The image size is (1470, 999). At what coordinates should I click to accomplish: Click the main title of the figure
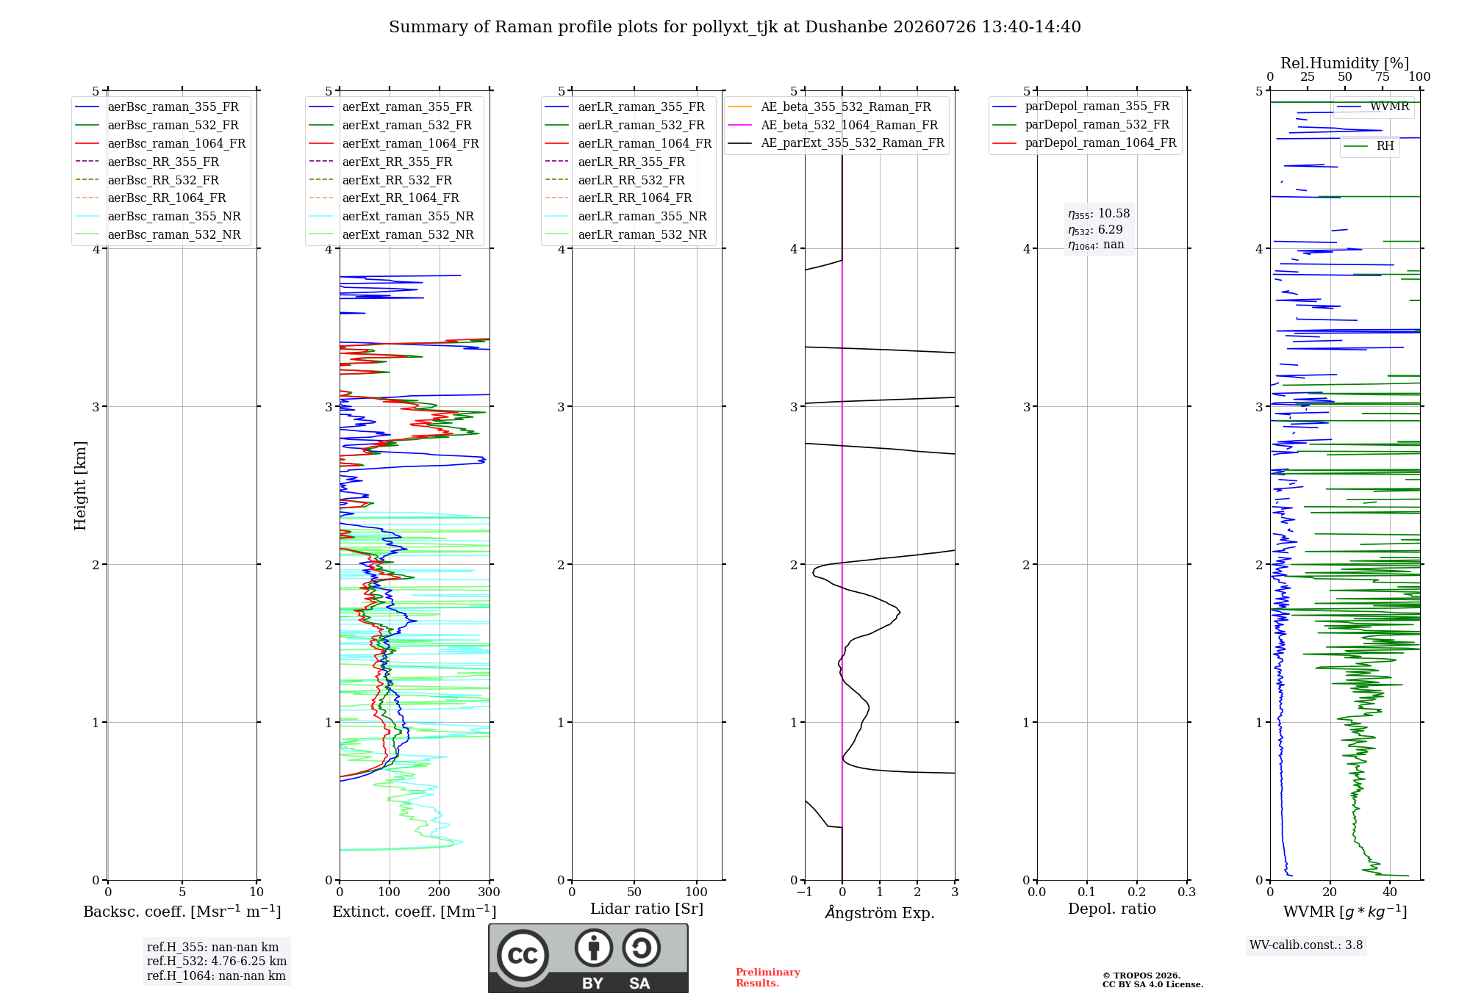point(735,27)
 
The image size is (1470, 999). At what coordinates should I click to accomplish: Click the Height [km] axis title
point(80,486)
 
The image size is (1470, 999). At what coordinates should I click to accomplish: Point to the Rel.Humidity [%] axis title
point(1344,63)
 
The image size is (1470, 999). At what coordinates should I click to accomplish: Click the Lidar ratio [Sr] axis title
point(647,909)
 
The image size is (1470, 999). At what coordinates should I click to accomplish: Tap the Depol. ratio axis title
point(1111,909)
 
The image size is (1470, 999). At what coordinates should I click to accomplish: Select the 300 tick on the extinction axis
point(489,892)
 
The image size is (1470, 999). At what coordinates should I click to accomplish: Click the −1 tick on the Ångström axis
point(804,892)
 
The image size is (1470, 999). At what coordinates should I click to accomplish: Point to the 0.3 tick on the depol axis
point(1186,892)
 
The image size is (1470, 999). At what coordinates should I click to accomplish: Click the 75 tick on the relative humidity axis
point(1383,77)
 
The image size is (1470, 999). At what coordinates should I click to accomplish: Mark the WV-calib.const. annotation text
point(1306,945)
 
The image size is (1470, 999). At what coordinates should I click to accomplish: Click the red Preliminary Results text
point(767,978)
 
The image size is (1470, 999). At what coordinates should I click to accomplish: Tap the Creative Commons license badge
point(588,959)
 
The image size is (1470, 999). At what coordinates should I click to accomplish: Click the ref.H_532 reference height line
point(217,962)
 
